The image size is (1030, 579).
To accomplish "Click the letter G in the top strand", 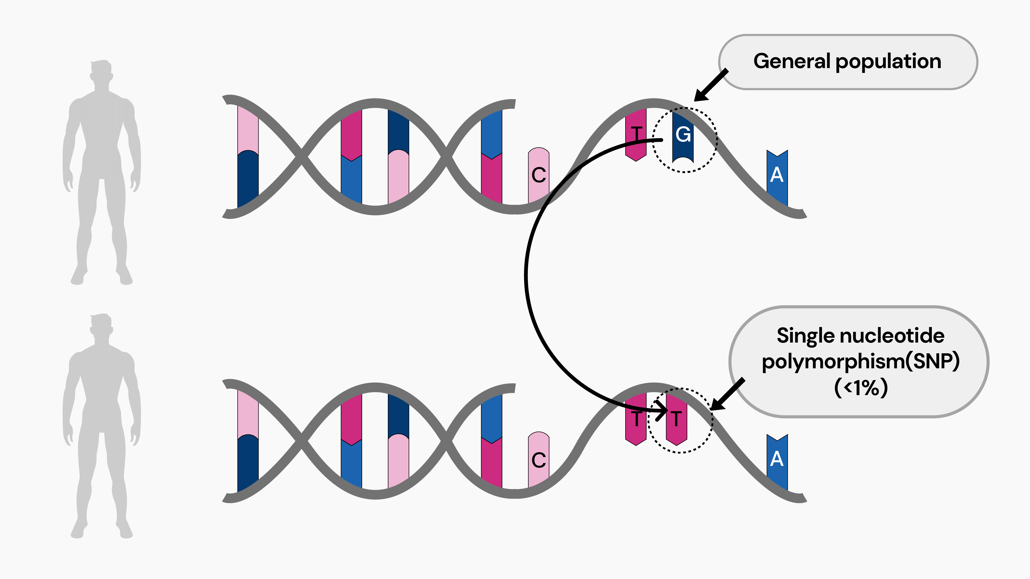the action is point(683,134).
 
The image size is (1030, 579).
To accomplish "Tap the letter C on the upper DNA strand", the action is point(539,175).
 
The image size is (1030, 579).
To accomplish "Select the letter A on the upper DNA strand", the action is point(777,175).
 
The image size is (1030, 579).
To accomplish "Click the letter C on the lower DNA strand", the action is point(539,460).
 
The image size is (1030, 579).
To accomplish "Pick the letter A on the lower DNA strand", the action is point(777,459).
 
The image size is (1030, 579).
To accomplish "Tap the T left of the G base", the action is point(636,134).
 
